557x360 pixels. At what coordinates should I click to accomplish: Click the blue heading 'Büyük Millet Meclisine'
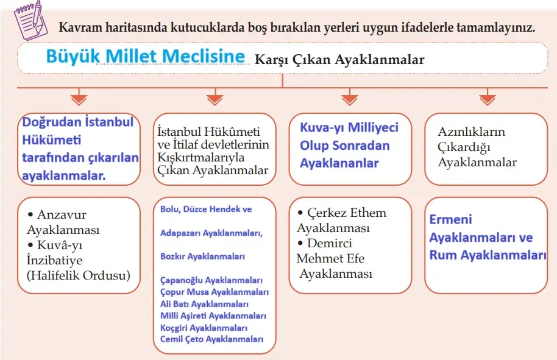coord(145,57)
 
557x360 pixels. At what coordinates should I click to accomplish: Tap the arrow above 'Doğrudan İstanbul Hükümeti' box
coord(79,97)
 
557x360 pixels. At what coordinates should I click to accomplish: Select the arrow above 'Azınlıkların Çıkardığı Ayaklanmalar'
coord(487,97)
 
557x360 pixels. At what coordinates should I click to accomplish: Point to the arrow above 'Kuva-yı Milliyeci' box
coord(349,97)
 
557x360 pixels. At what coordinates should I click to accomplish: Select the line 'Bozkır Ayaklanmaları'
coord(202,256)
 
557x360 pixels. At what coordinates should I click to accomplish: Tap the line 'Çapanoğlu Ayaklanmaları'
coord(211,280)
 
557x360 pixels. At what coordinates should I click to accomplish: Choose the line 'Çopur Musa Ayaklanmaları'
coord(214,292)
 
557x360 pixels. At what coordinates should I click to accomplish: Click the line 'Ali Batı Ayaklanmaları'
coord(204,303)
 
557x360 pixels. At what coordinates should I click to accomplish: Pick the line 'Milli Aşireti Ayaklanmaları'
coord(213,316)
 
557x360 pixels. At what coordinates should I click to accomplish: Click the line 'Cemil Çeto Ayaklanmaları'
coord(211,339)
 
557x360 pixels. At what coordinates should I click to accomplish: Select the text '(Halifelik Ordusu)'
coord(79,275)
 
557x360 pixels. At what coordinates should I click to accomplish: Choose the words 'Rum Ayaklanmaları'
coord(488,255)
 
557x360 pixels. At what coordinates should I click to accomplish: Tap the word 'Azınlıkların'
coord(471,132)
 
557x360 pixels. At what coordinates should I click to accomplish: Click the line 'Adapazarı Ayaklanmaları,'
coord(211,233)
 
